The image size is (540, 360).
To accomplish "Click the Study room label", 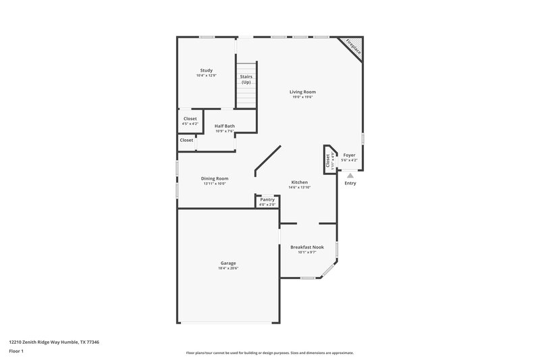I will coord(206,70).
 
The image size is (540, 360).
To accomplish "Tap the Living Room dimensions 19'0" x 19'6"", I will coord(303,97).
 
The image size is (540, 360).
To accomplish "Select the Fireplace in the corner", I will coord(352,47).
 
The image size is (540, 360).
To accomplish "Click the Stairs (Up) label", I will coord(246,79).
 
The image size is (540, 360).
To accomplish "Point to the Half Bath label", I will coord(225,126).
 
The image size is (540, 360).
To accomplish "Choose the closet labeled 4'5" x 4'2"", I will coord(190,124).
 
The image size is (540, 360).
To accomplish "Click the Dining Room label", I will coord(215,178).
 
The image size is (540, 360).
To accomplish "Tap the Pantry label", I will coord(267,199).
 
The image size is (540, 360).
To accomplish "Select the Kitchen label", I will coord(300,182).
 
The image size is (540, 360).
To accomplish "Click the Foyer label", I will coord(349,155).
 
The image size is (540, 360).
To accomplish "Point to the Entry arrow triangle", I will coord(350,174).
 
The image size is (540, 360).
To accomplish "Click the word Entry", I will coord(350,183).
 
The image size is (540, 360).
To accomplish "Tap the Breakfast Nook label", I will coord(307,247).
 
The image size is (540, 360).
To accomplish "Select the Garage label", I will coord(227,263).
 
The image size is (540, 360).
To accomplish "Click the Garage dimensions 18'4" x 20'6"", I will coord(227,268).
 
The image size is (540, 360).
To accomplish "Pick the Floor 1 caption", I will coord(16,352).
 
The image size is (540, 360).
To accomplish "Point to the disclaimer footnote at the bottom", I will coord(269,353).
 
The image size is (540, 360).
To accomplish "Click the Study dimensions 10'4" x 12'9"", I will coord(206,76).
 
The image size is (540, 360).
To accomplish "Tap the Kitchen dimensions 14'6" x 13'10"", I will coord(300,188).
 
